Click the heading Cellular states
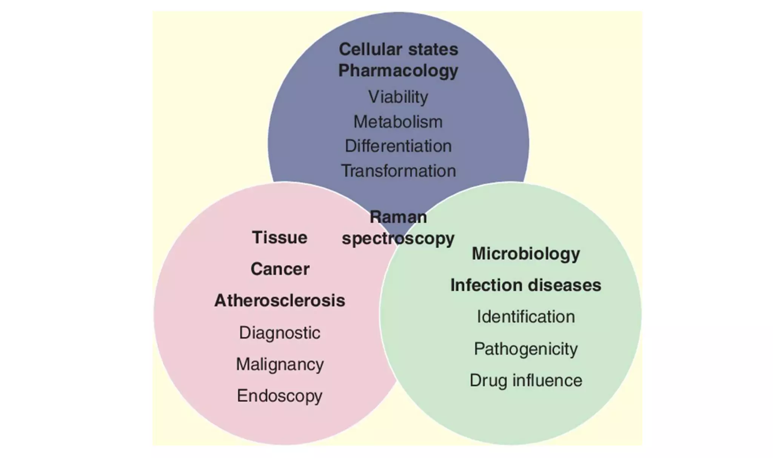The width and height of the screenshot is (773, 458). pos(398,49)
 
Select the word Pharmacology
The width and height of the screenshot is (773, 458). pos(398,71)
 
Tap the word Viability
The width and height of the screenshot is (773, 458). pos(398,97)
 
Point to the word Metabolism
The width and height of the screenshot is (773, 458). pos(398,122)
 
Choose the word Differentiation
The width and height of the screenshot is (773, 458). pos(398,146)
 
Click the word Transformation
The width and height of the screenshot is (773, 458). pos(398,171)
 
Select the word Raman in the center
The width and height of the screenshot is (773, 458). pos(398,217)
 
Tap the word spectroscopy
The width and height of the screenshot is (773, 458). pos(398,239)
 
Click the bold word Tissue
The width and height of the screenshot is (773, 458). pos(280,238)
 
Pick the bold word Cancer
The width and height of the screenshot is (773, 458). pos(280,269)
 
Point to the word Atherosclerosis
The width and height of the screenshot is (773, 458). pos(280,301)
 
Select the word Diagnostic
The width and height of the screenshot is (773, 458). pos(280,333)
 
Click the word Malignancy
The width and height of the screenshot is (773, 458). pos(280,364)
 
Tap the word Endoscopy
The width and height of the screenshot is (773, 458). pos(280,396)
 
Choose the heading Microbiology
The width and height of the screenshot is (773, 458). pos(526,254)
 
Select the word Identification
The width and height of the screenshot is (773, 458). pos(526,317)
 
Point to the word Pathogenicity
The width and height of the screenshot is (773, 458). pos(526,349)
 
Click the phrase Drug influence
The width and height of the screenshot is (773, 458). pos(526,380)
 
